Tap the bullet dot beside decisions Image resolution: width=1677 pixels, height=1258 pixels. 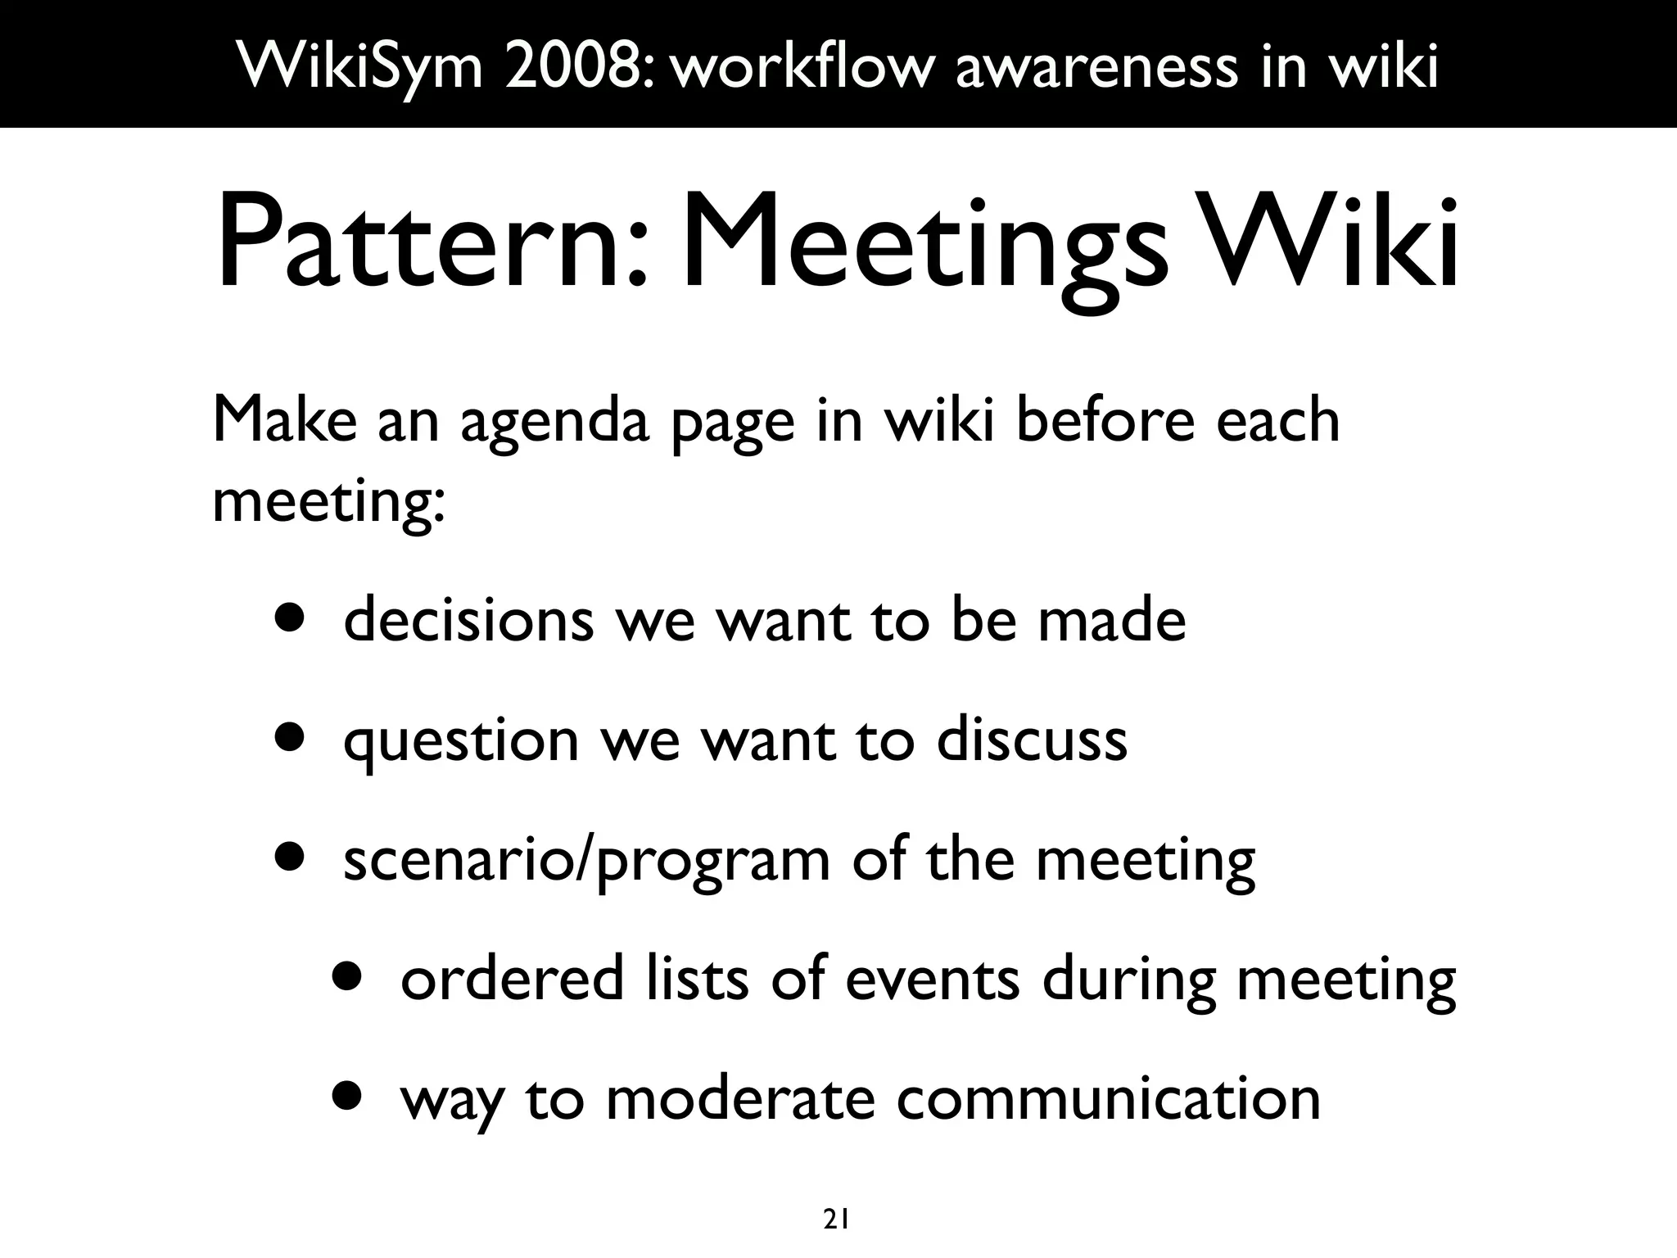(290, 620)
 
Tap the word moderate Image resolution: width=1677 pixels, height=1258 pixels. (740, 1099)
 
